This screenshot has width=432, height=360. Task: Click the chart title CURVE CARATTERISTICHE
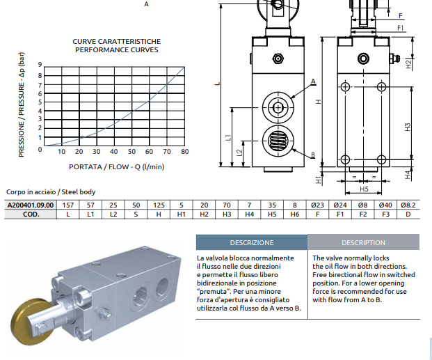tap(117, 42)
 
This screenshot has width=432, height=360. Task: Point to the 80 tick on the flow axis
tap(184, 152)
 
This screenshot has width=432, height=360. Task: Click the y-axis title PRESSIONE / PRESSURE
tap(22, 107)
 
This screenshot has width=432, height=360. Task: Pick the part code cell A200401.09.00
tap(30, 205)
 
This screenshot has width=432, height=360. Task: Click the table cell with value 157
tap(68, 205)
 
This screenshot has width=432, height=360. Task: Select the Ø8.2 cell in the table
tap(409, 205)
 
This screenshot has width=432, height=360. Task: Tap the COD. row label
tap(30, 214)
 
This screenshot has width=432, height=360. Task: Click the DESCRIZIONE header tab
tap(251, 242)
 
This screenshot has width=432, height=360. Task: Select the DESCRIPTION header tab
tap(363, 242)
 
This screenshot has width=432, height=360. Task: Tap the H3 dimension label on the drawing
tap(408, 127)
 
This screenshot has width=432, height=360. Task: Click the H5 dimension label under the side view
tap(364, 189)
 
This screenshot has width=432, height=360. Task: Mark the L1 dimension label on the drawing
tap(229, 138)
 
